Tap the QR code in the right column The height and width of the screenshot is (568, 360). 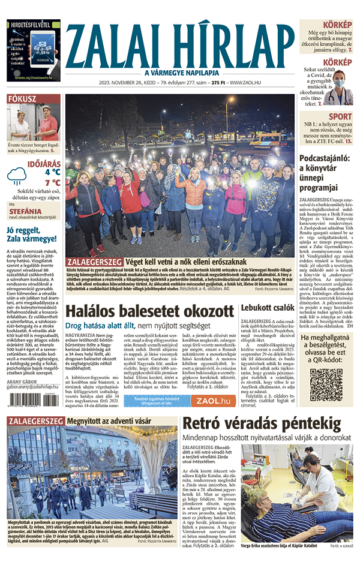[x=326, y=384]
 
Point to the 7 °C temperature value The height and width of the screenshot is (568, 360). [x=52, y=182]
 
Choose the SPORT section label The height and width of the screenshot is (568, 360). [x=340, y=116]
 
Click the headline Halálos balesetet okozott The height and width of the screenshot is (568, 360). [x=149, y=312]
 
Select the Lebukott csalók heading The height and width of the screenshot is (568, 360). [x=268, y=309]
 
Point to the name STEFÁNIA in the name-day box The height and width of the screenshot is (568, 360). [x=25, y=212]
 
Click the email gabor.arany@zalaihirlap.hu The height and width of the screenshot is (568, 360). [x=34, y=387]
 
